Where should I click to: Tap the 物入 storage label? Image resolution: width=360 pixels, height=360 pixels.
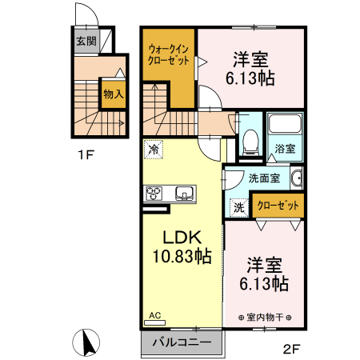click(x=113, y=94)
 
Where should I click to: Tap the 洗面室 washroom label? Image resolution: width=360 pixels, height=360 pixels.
click(x=263, y=178)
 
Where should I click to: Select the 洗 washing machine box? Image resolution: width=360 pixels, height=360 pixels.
click(x=238, y=206)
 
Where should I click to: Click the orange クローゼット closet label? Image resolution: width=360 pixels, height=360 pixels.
click(x=279, y=206)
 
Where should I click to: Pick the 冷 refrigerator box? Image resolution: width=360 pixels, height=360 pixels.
click(x=153, y=148)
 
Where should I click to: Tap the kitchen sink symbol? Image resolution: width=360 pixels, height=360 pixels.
click(x=184, y=193)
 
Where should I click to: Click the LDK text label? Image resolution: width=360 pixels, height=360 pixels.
click(x=182, y=238)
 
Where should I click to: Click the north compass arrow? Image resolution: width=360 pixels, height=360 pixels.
click(x=86, y=343)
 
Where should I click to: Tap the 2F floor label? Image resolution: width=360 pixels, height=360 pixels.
click(x=292, y=349)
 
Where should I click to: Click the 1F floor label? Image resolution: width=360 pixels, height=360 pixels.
click(x=85, y=154)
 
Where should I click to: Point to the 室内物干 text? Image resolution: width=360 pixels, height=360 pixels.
click(x=265, y=317)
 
